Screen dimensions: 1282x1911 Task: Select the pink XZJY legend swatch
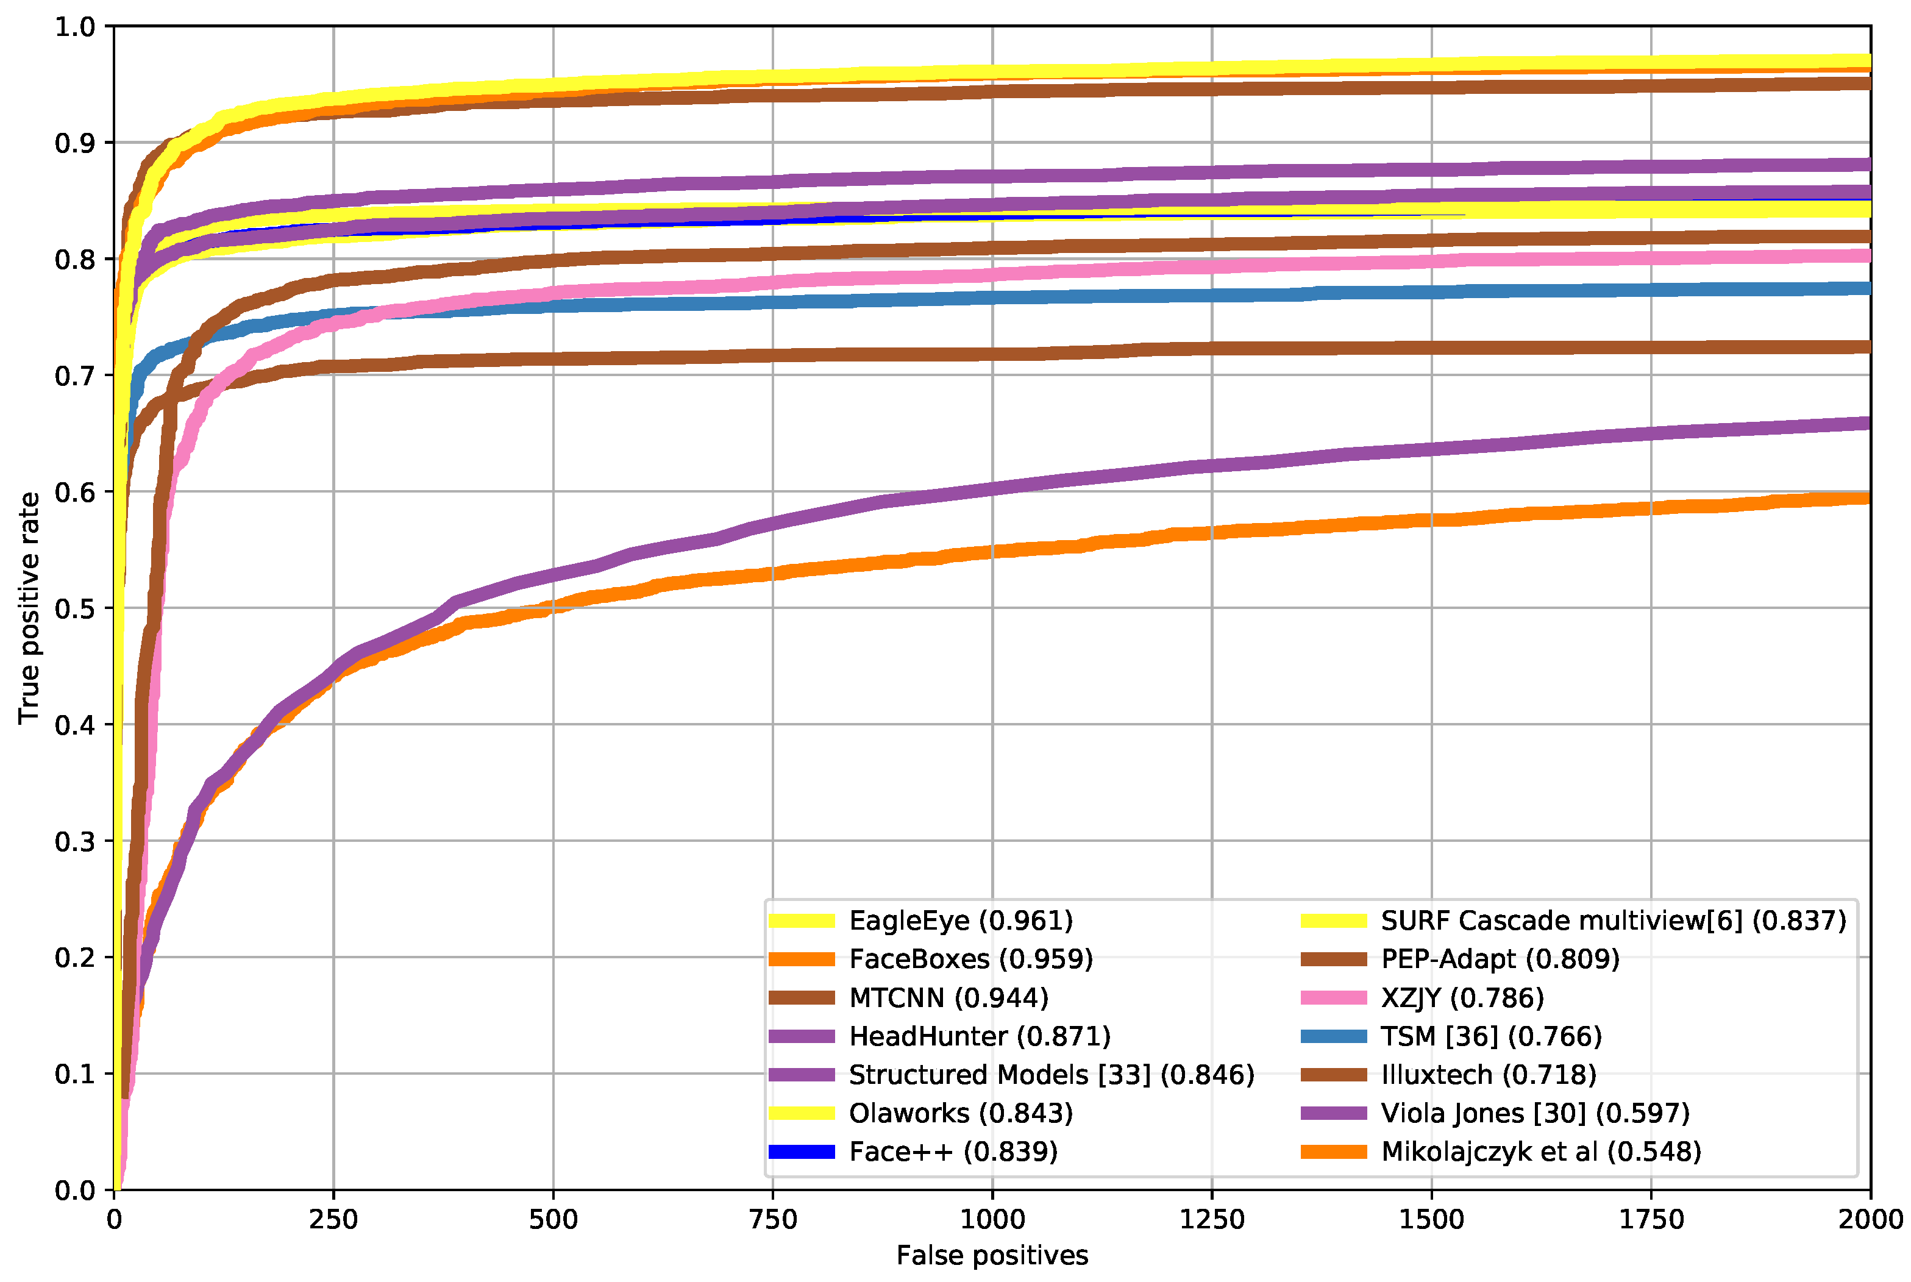coord(1333,997)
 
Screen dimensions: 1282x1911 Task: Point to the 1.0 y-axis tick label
coord(74,27)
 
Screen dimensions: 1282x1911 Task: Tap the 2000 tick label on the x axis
coord(1870,1219)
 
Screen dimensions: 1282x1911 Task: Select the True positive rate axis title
coord(29,608)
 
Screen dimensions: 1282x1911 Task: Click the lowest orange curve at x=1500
coord(1431,520)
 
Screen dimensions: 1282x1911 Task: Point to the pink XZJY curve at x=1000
coord(992,274)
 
